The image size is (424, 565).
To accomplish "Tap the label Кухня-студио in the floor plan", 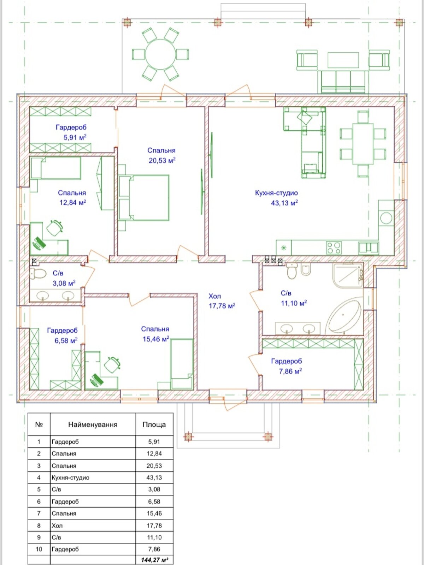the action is (x=276, y=193).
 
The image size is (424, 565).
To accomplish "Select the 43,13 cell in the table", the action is (x=154, y=477).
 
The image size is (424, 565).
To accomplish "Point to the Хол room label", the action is (x=214, y=296).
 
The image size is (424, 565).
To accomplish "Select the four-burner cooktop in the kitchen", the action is (x=334, y=248).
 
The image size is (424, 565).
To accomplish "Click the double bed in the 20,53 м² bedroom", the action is (x=144, y=198).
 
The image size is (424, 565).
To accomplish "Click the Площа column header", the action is (x=154, y=425).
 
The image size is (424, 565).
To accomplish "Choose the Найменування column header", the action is (x=93, y=425).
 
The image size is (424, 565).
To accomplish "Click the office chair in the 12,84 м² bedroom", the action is (x=54, y=228).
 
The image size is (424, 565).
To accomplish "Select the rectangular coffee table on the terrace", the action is (x=343, y=60).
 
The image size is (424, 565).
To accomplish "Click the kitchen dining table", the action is (x=363, y=144).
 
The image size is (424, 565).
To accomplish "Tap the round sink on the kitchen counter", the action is (x=386, y=218).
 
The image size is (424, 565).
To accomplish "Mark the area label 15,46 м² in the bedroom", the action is (x=156, y=339).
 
